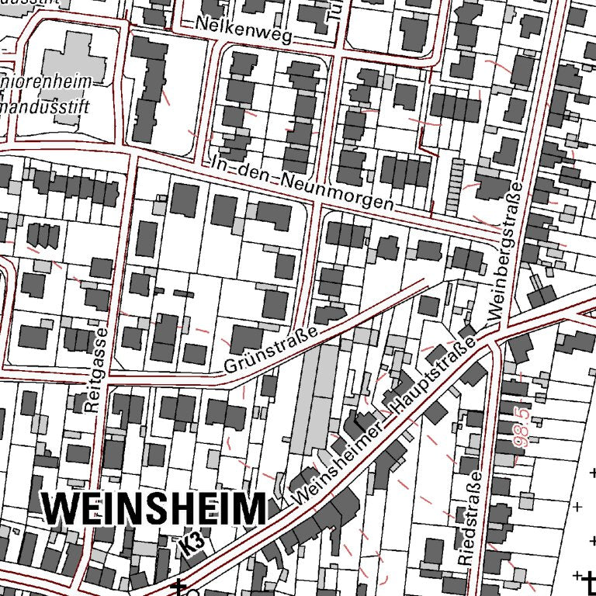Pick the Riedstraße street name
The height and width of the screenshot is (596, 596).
coord(471,518)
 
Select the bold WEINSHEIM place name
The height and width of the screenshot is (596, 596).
coord(154,509)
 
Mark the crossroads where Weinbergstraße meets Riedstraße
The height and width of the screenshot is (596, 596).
coord(494,341)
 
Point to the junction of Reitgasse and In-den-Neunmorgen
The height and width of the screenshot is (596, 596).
coord(128,151)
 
